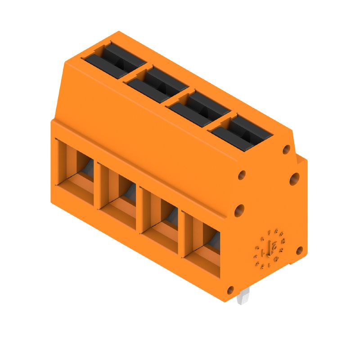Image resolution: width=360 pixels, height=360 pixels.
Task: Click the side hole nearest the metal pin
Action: pos(230,289)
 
